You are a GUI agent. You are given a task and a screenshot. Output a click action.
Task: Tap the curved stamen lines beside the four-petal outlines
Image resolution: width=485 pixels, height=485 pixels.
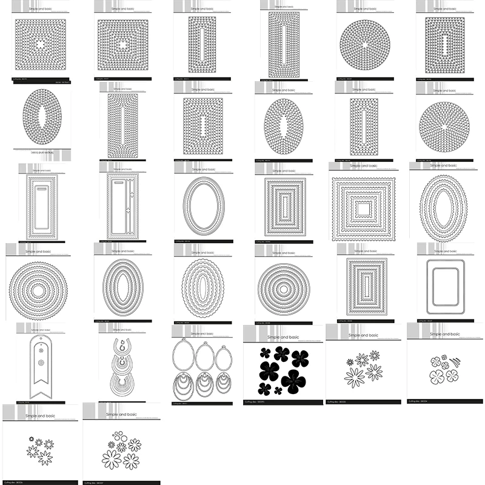tap(455, 361)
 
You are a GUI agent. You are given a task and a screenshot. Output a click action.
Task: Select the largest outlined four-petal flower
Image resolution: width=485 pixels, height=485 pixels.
tap(437, 377)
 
